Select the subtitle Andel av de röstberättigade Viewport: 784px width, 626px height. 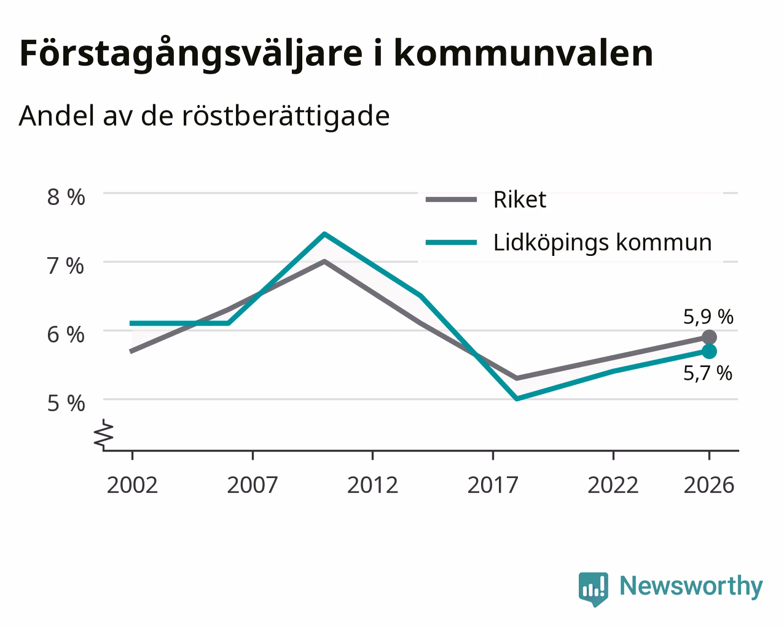[204, 117]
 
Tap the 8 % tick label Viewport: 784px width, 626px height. [66, 197]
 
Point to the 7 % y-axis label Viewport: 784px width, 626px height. [66, 266]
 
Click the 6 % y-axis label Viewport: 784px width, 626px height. [66, 335]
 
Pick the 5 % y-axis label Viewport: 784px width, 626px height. [66, 404]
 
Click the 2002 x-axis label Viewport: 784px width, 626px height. [132, 485]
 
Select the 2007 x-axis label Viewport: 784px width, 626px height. [253, 485]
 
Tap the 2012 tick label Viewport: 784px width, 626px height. [373, 485]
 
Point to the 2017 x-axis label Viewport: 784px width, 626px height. [493, 485]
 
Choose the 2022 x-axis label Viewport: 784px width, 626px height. [613, 485]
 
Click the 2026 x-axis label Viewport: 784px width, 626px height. [709, 485]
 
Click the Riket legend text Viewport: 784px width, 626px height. [520, 199]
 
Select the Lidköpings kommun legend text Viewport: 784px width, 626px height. [603, 243]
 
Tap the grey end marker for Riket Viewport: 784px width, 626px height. [709, 338]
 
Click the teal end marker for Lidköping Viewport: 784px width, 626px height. [709, 351]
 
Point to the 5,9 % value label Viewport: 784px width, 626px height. [708, 317]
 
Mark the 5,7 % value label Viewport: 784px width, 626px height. [707, 373]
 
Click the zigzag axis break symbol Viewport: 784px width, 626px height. [104, 433]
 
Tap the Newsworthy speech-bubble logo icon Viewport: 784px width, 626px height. [594, 587]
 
